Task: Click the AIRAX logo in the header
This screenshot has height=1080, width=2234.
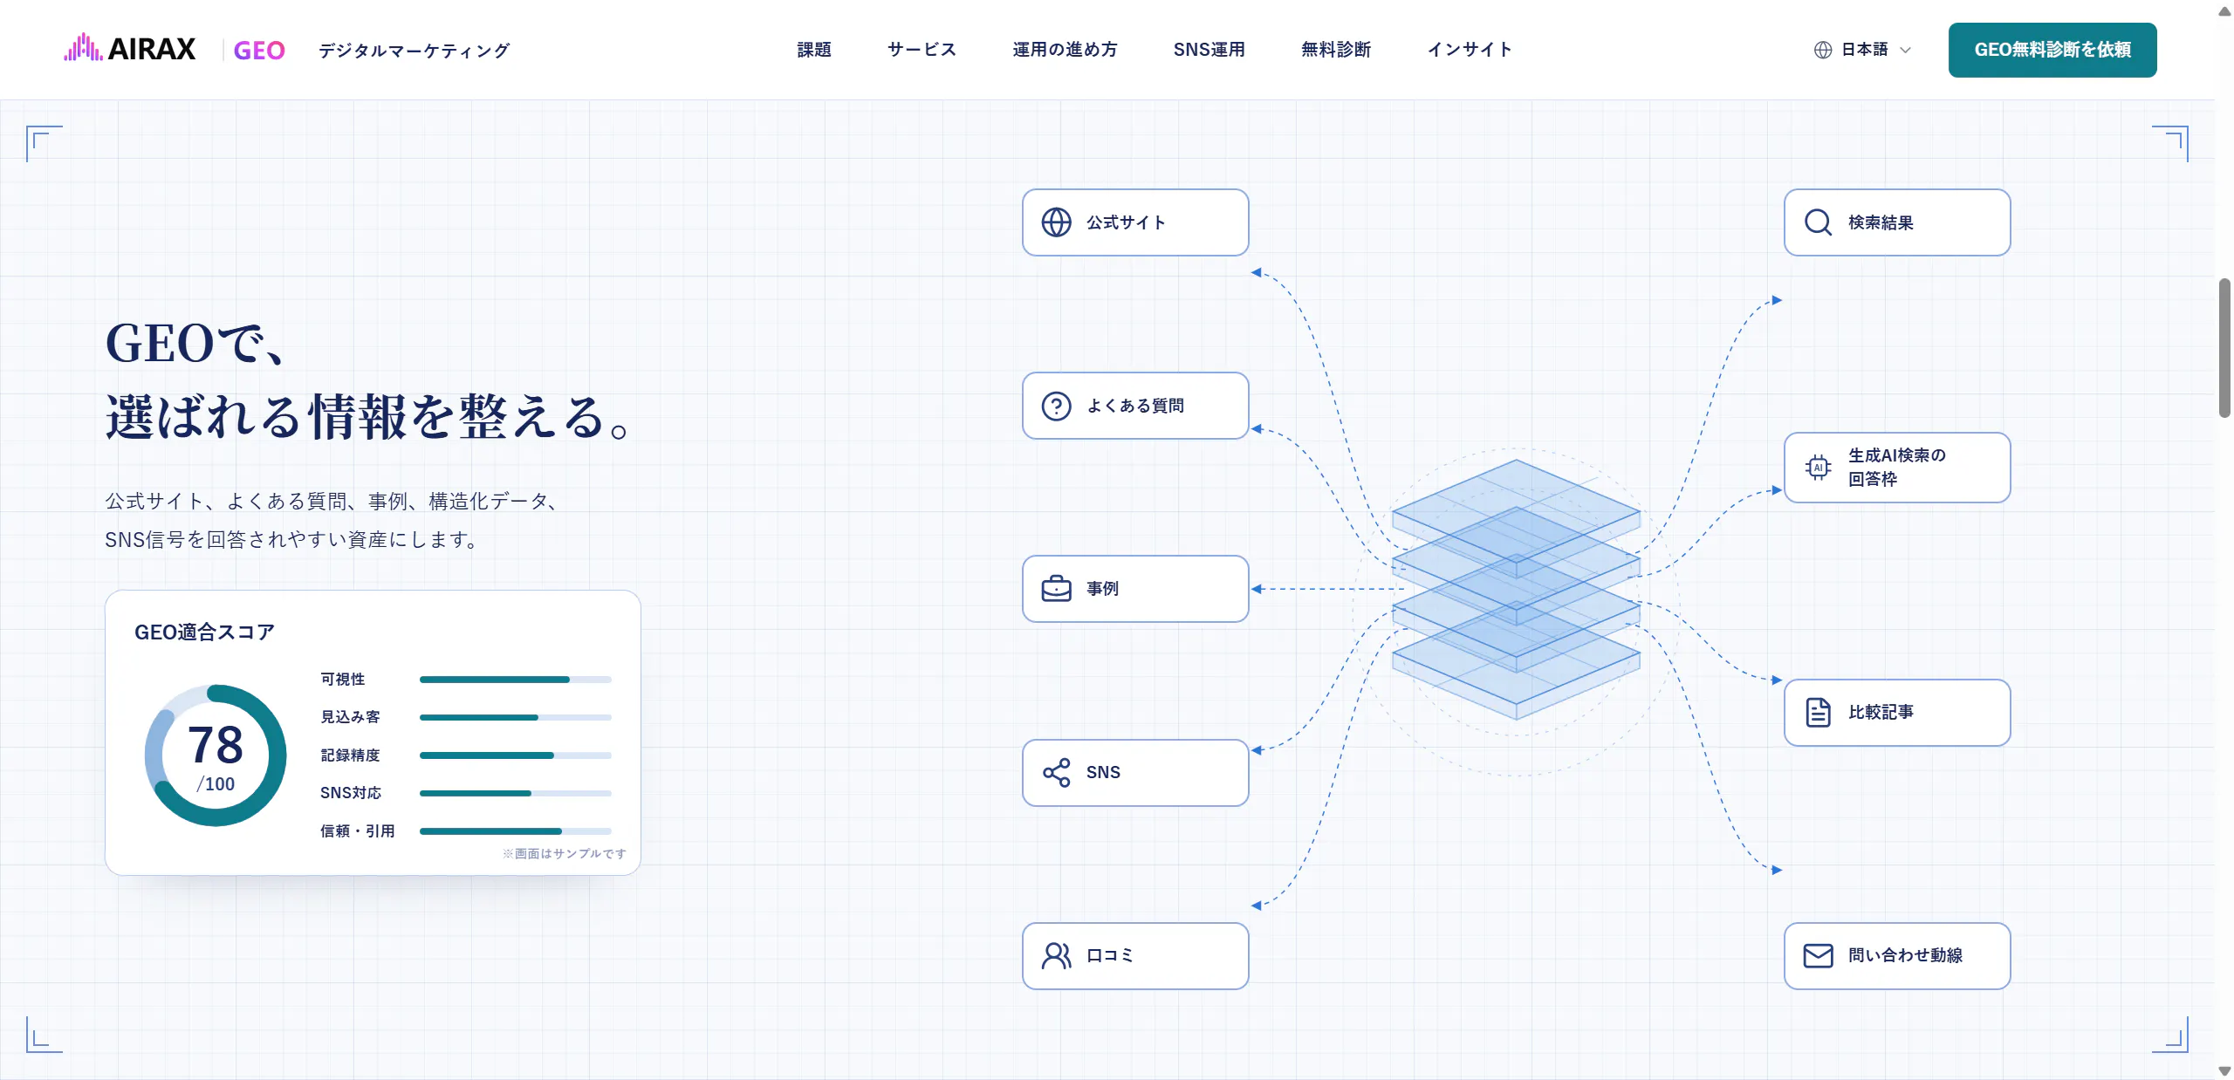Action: [130, 49]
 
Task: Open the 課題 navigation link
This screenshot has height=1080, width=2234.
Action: [813, 50]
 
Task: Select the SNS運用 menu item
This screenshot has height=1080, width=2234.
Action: [1209, 50]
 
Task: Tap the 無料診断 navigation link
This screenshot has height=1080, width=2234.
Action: [1336, 50]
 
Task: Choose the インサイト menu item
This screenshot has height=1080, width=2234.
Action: [1470, 50]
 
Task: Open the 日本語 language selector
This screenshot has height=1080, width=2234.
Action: [1862, 50]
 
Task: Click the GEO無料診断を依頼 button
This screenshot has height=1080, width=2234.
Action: [2052, 50]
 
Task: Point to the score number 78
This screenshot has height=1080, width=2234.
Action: [216, 744]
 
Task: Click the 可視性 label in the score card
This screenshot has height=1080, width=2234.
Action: [342, 679]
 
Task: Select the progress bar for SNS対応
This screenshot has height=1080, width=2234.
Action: [515, 793]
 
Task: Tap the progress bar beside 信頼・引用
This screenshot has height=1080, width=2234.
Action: [515, 831]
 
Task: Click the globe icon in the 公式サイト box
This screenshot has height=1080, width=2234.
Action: [1056, 222]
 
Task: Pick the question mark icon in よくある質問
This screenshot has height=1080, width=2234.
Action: [1056, 406]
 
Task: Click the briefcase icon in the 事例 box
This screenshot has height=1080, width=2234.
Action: [1056, 589]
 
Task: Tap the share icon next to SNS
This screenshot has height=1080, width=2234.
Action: [1056, 773]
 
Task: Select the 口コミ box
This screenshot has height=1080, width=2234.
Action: [1135, 956]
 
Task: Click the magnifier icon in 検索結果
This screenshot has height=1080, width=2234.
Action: [1818, 222]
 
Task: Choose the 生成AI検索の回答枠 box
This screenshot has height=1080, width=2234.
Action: [1897, 468]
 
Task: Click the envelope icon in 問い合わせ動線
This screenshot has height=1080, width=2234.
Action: [1818, 956]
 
